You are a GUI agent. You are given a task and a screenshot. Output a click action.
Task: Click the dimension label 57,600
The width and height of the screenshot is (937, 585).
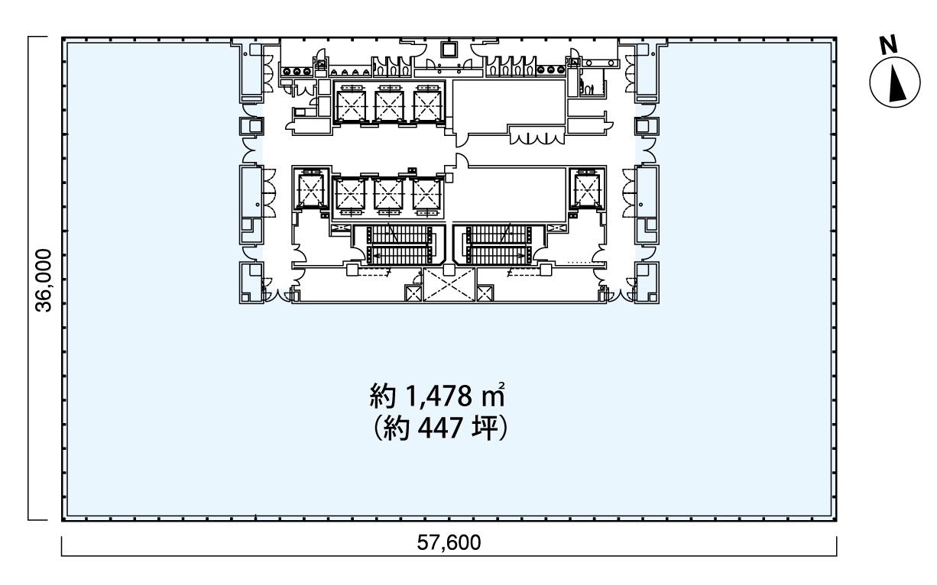449,542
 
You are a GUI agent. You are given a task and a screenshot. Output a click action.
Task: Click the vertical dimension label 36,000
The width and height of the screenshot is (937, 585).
44,280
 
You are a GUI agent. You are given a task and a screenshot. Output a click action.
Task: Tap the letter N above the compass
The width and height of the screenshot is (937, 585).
889,45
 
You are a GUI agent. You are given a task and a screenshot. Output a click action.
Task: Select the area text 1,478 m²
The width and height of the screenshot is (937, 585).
455,396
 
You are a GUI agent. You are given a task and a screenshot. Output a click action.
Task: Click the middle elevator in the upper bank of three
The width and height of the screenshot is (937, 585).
389,105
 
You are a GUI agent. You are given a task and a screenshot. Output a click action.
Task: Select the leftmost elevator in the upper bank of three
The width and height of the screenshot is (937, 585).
351,105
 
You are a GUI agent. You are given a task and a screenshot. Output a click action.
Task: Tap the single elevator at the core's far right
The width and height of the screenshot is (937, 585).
587,190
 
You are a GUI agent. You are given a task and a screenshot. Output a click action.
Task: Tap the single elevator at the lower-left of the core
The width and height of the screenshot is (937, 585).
311,190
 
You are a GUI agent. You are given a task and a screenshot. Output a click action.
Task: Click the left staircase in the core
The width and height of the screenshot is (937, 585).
399,245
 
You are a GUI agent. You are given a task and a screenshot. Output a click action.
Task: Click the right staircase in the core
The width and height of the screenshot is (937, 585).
498,245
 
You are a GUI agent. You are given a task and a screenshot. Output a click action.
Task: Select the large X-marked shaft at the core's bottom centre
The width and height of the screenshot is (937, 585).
449,285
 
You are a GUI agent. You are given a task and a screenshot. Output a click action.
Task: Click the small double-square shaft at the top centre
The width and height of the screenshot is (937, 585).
449,50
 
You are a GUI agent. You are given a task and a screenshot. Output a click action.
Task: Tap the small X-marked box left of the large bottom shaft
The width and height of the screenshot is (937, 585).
413,293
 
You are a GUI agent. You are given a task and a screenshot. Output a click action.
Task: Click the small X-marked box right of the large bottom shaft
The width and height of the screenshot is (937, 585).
485,293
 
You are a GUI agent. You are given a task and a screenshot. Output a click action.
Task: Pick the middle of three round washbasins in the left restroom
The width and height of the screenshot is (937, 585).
297,72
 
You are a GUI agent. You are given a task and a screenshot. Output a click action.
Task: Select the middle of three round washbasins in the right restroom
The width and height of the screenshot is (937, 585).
550,69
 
